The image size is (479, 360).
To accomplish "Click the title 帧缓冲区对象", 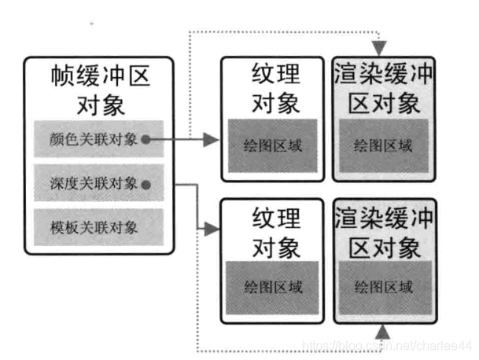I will click(98, 90).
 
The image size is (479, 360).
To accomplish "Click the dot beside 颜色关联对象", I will click(147, 140).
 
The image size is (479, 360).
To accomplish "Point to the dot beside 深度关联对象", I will click(147, 185).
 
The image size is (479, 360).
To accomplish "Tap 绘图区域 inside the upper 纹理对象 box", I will click(272, 145).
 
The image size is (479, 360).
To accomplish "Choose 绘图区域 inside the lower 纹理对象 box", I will click(272, 287).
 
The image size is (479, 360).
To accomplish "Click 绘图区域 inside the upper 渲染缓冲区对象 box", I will click(383, 145).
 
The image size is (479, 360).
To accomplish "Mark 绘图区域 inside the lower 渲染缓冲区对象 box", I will click(383, 287).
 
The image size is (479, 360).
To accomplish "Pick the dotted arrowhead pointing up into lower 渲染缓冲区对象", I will click(381, 329).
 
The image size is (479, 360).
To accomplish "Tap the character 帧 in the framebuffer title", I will click(63, 76).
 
